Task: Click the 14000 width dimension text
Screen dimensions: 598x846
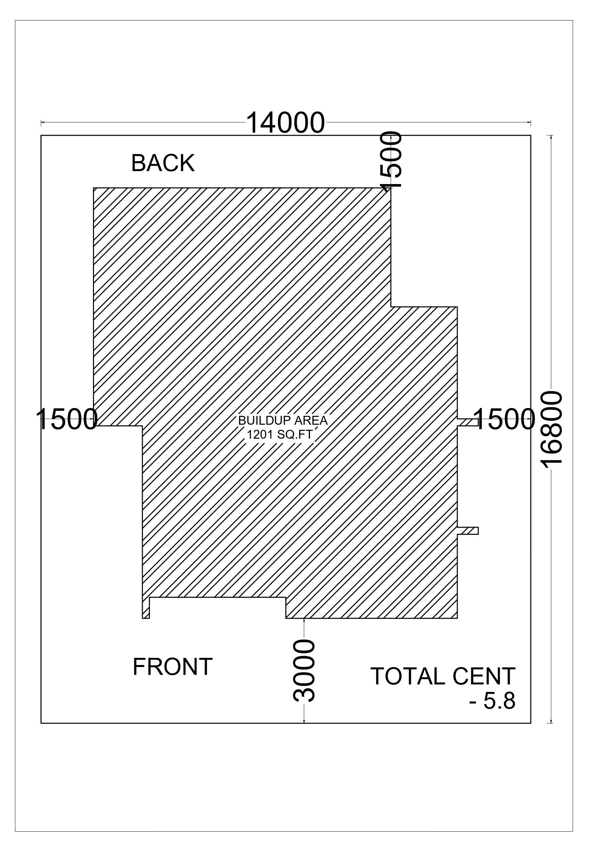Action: tap(286, 123)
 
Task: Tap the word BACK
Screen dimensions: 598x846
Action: tap(163, 163)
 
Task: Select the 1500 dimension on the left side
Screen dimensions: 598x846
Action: tap(67, 419)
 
